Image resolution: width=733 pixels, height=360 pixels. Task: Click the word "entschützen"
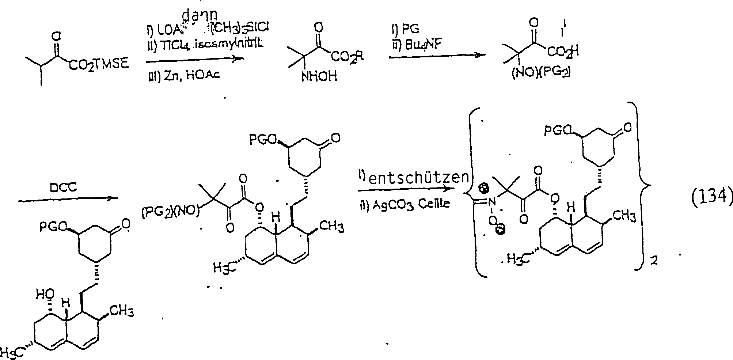418,177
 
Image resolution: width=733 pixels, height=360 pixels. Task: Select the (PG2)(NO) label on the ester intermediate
170,212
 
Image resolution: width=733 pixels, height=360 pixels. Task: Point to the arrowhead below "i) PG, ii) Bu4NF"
481,55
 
